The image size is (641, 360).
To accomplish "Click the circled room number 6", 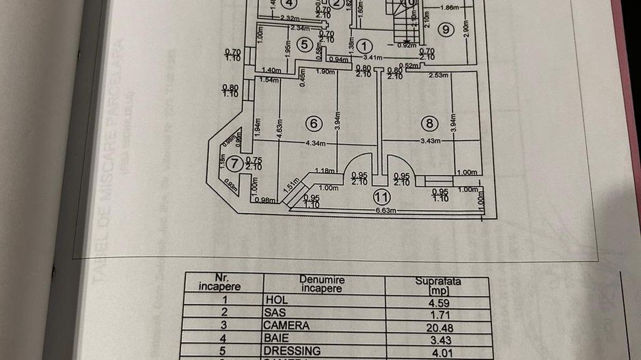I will tap(313, 124).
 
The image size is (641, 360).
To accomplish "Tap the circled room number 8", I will tap(428, 124).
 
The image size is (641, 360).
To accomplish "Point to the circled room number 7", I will tap(234, 163).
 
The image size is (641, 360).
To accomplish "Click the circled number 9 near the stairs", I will tap(446, 29).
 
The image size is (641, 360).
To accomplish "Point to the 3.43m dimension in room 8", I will tap(429, 141).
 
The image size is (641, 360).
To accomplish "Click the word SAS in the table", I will tap(275, 313).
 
